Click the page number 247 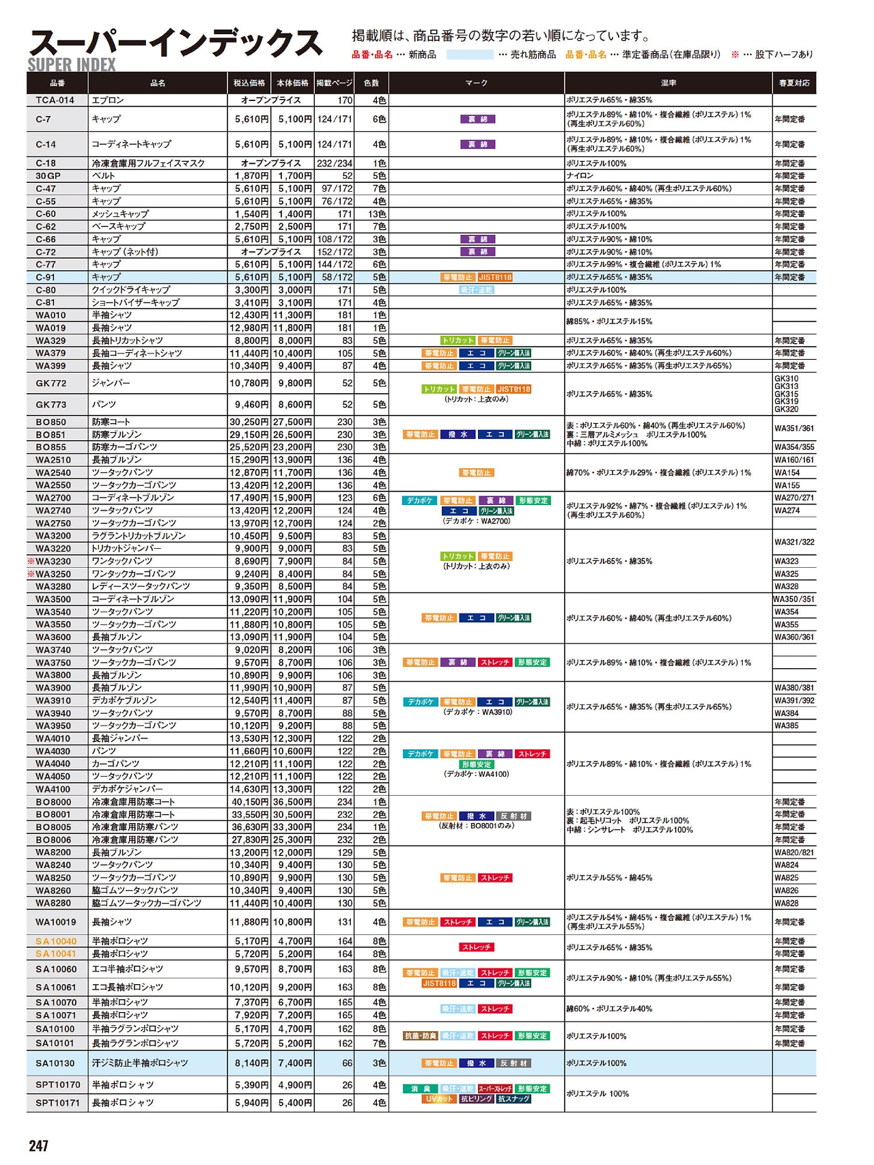tap(38, 1145)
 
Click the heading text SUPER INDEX tap(72, 65)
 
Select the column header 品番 tap(57, 83)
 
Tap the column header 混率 tap(668, 83)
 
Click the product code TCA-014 tap(55, 100)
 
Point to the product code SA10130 tap(55, 1063)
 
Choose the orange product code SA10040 tap(56, 941)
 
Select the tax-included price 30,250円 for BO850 tap(249, 422)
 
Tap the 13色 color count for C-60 tap(377, 214)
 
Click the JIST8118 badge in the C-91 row tap(495, 278)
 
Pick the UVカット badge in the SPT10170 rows tap(439, 1099)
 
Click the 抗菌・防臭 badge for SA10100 tap(421, 1036)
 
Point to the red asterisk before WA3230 tap(31, 561)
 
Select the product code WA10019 tap(56, 922)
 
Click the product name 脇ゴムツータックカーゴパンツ tap(147, 904)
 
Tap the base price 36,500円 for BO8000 tap(292, 802)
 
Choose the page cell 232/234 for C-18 tap(335, 164)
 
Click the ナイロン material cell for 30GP tap(580, 176)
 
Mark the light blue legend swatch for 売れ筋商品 tap(470, 55)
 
